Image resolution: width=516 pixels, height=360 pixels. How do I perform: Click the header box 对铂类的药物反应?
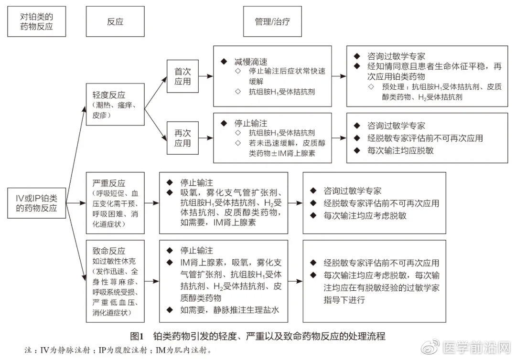36,21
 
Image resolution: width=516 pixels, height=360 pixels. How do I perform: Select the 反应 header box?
115,21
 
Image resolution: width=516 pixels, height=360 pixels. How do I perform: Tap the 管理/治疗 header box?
272,21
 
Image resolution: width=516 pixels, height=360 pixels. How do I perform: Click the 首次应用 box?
182,76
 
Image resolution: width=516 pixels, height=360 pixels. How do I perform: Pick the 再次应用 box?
182,138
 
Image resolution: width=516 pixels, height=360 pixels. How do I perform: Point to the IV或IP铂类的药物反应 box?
36,202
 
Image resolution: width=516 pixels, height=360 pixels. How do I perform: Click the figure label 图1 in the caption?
136,336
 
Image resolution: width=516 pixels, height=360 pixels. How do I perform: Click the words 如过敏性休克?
109,262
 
